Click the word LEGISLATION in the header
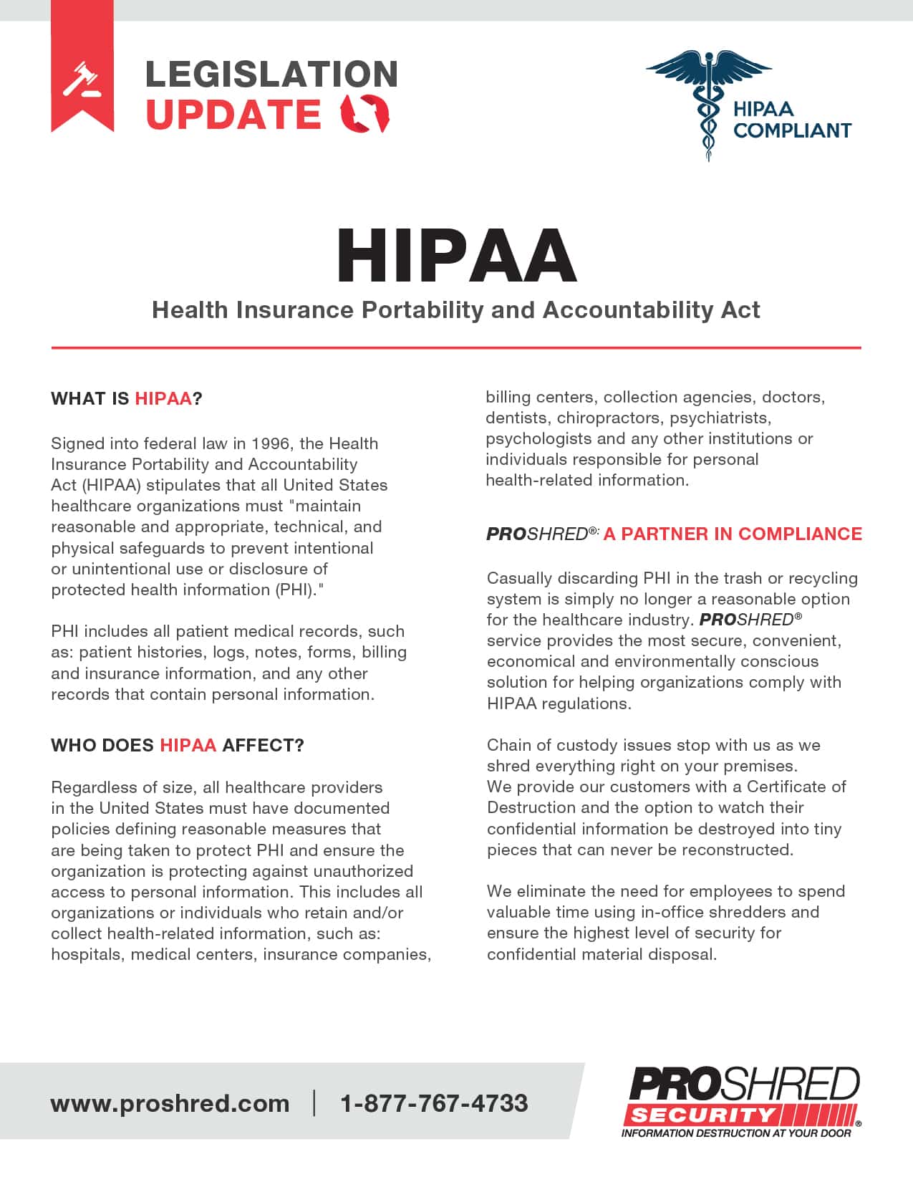tap(271, 75)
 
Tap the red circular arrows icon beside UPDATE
tap(365, 114)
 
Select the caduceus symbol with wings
tap(707, 100)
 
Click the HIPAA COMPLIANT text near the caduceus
tap(791, 120)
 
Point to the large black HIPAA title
tap(456, 256)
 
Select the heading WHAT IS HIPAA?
tap(127, 399)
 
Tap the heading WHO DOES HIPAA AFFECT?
tap(178, 746)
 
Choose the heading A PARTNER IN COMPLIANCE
tap(733, 534)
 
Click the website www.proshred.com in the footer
tap(170, 1103)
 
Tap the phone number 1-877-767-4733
tap(434, 1103)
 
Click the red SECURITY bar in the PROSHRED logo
tap(702, 1115)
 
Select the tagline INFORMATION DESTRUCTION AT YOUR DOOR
tap(736, 1133)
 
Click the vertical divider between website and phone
tap(314, 1103)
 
